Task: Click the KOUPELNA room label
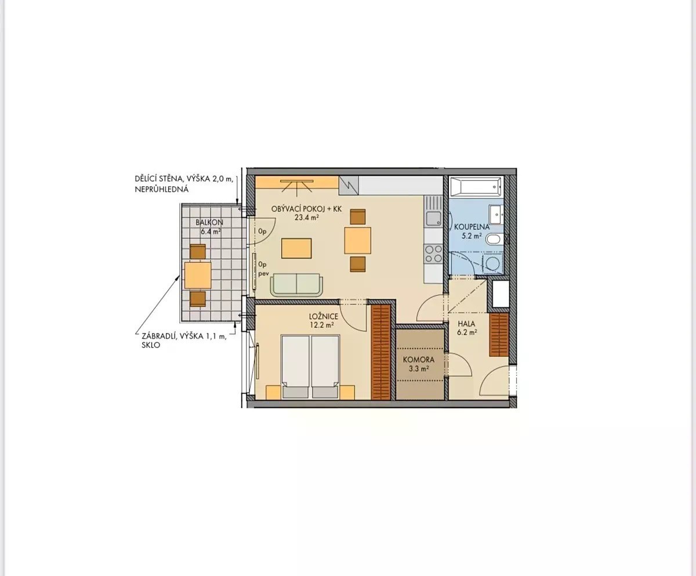(x=472, y=227)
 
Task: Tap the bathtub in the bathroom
(x=476, y=187)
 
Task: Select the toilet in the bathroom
(x=494, y=239)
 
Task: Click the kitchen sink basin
(x=433, y=219)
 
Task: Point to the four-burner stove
(x=433, y=253)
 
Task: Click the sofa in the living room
(x=296, y=285)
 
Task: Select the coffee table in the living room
(x=296, y=248)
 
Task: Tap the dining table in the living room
(x=358, y=240)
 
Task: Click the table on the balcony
(x=198, y=275)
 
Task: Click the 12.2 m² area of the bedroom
(x=322, y=325)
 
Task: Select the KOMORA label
(x=419, y=360)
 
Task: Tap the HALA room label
(x=466, y=324)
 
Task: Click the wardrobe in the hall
(x=499, y=335)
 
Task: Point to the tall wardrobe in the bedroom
(x=380, y=352)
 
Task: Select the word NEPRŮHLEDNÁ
(x=162, y=189)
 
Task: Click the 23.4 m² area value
(x=307, y=218)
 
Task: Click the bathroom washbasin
(x=496, y=215)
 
